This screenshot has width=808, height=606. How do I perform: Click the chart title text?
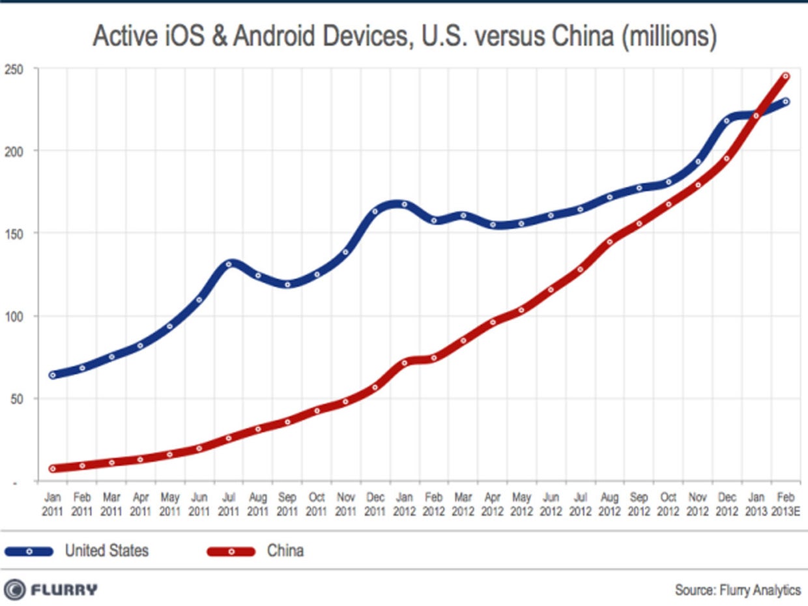[404, 37]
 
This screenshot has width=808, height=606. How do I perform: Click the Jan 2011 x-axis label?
[52, 504]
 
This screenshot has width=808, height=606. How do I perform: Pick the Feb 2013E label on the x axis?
[785, 504]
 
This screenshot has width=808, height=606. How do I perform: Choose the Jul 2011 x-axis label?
[228, 504]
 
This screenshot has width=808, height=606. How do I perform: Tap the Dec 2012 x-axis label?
[727, 504]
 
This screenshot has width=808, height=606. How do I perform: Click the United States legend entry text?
[106, 551]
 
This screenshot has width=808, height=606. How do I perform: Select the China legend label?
[285, 551]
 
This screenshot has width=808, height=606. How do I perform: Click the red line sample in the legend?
[231, 551]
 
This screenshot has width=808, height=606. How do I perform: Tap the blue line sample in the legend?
[29, 551]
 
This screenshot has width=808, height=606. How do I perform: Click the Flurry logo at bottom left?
[51, 590]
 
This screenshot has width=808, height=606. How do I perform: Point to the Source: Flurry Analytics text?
[738, 590]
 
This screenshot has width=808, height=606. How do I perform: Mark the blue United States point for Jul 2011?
[228, 264]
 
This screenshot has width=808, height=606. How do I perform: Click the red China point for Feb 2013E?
[785, 76]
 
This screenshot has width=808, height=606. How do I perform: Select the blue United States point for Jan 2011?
[52, 375]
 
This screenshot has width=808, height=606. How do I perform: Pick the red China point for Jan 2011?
[52, 469]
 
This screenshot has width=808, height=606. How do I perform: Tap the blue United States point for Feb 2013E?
[785, 102]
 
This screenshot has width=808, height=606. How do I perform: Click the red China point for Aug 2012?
[609, 242]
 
